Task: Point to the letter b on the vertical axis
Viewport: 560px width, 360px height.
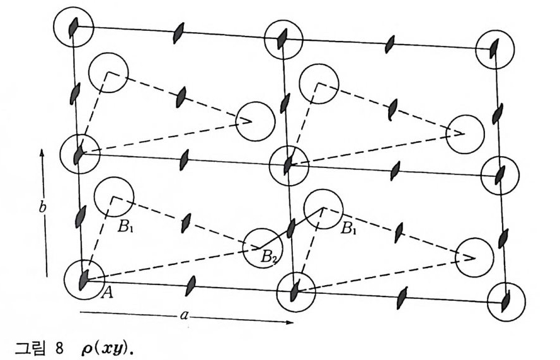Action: click(42, 208)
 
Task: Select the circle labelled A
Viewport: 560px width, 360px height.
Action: click(84, 279)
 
